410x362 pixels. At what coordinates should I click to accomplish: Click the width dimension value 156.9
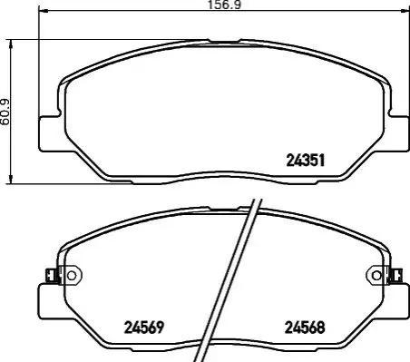click(x=224, y=5)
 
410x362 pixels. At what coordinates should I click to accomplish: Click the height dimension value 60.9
click(x=5, y=113)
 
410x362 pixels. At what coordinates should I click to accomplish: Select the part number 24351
click(x=306, y=161)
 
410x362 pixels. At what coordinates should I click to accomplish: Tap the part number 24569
click(x=144, y=328)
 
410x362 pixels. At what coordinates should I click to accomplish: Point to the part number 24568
click(x=305, y=328)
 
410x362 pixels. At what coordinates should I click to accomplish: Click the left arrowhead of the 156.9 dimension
click(x=44, y=11)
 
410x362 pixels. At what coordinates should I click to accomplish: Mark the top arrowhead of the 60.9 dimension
click(x=11, y=44)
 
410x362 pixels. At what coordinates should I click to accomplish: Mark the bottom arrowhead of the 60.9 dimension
click(x=11, y=179)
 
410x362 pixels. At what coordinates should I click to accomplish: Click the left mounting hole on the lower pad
click(x=72, y=276)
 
